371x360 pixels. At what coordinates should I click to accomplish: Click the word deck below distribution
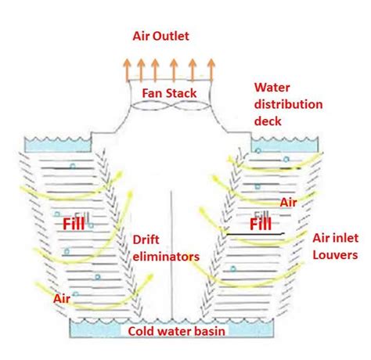[x=268, y=121]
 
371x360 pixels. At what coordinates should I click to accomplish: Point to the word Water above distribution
[x=271, y=87]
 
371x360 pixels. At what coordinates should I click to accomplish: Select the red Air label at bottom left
[x=63, y=298]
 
